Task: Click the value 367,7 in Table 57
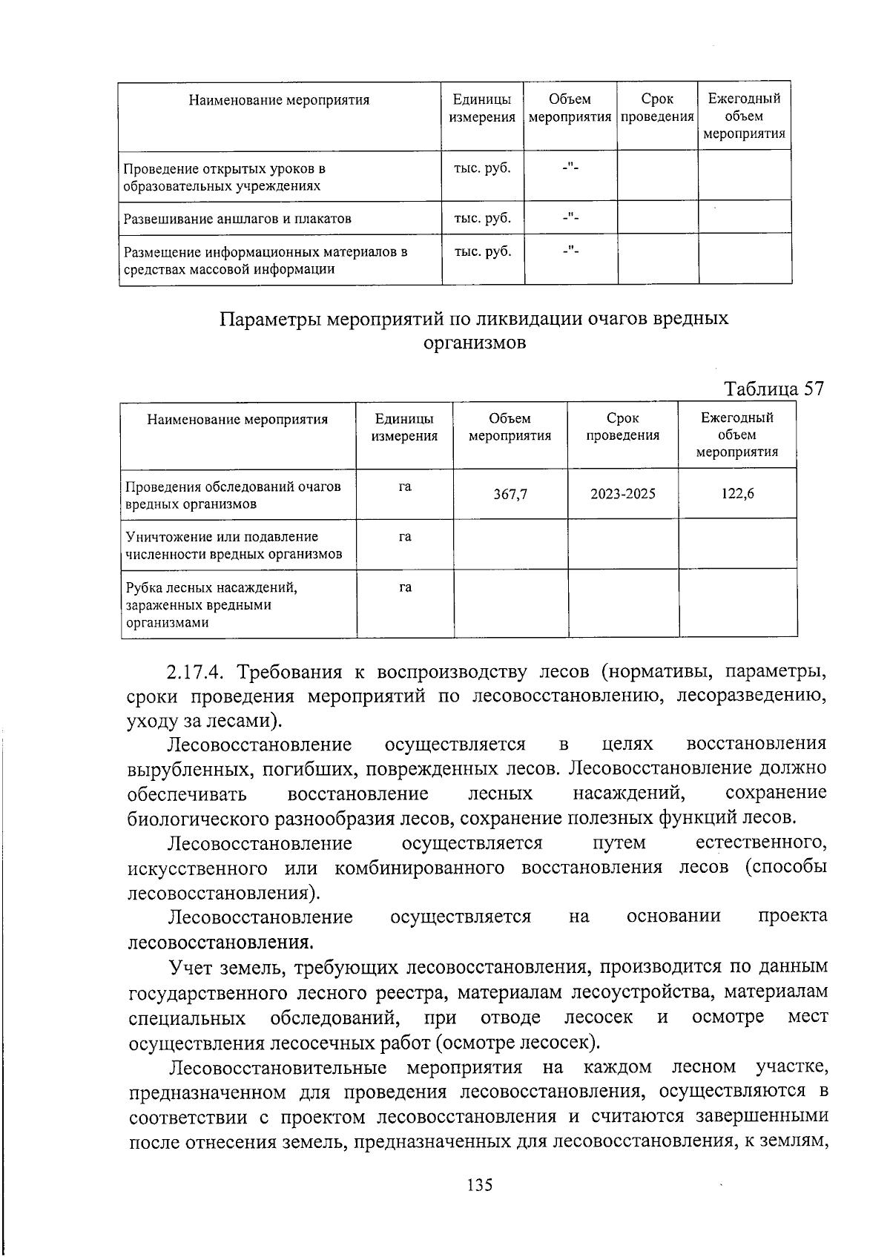click(x=510, y=494)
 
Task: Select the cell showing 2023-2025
click(x=623, y=493)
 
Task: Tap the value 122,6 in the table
click(x=737, y=493)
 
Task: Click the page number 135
click(x=480, y=1184)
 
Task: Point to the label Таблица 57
click(x=774, y=389)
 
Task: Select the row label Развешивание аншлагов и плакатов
click(x=237, y=219)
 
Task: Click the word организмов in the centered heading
click(x=475, y=343)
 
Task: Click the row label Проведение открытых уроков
click(x=224, y=168)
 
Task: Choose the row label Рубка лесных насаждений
click(x=211, y=588)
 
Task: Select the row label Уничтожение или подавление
click(x=222, y=536)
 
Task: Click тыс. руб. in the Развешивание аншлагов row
click(x=482, y=218)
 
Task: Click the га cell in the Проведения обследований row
click(x=405, y=487)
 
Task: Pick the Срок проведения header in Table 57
click(x=622, y=427)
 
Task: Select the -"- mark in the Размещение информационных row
click(x=570, y=251)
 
